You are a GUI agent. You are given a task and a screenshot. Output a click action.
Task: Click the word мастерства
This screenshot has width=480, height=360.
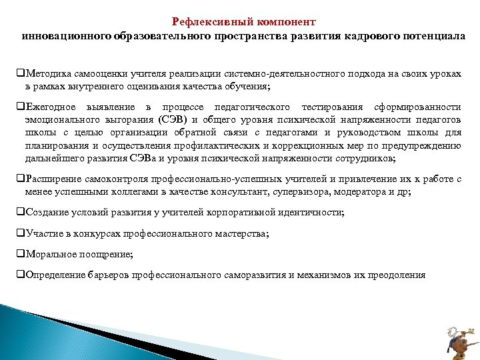point(243,233)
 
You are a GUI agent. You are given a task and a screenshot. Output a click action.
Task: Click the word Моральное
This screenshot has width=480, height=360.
point(49,254)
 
